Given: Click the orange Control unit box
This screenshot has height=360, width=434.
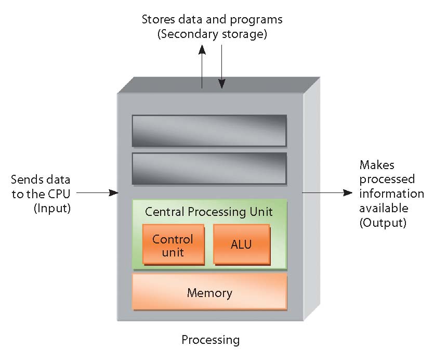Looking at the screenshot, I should (173, 246).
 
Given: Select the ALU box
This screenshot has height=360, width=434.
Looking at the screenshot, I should (241, 243).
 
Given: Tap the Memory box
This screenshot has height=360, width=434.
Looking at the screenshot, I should (209, 292).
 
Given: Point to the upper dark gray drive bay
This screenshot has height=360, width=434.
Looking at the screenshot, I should (209, 130).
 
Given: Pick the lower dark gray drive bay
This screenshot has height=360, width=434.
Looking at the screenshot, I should (209, 168).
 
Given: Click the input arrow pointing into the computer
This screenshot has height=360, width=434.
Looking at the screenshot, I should (97, 193).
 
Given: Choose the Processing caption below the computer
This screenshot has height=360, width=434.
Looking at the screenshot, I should (211, 340).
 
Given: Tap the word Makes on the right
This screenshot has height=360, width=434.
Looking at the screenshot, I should (377, 165).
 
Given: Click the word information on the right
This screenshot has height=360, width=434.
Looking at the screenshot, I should (391, 194).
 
